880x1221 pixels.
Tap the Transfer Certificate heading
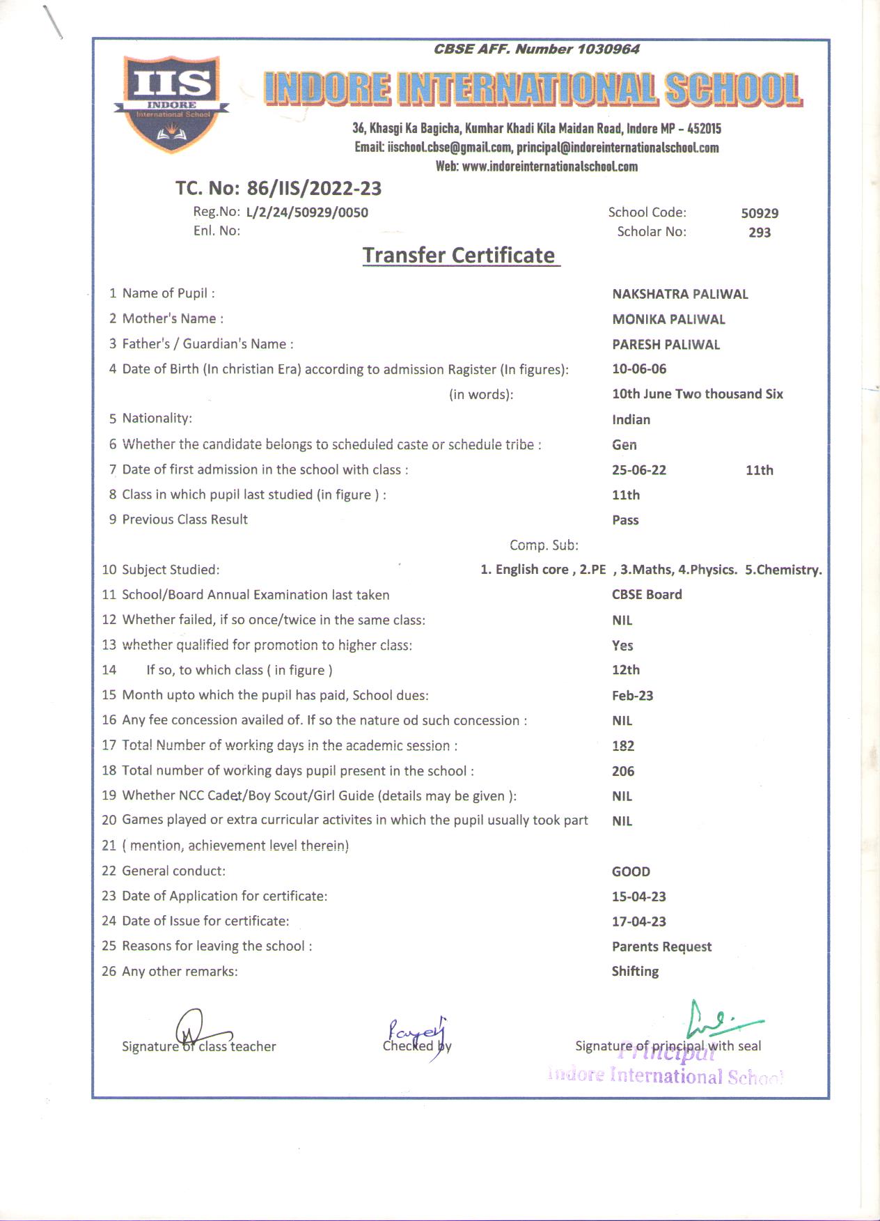click(x=459, y=256)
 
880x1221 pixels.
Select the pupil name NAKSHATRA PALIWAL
click(x=679, y=294)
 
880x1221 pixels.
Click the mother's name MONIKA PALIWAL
click(x=668, y=320)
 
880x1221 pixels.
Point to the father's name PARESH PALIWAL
click(x=666, y=345)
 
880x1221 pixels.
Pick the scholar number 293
click(x=760, y=233)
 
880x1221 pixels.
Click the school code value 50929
click(x=760, y=213)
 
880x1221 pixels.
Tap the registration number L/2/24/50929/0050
click(x=307, y=212)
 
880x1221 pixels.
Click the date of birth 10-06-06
click(x=639, y=369)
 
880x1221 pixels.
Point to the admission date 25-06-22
click(x=639, y=470)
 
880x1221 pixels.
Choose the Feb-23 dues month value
click(x=632, y=696)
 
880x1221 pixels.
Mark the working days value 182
click(x=623, y=746)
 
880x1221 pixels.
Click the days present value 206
click(x=623, y=771)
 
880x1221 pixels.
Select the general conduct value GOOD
click(x=631, y=871)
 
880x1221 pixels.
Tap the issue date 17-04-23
click(x=639, y=921)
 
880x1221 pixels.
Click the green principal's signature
click(x=717, y=1020)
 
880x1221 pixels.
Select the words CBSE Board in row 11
click(x=647, y=595)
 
